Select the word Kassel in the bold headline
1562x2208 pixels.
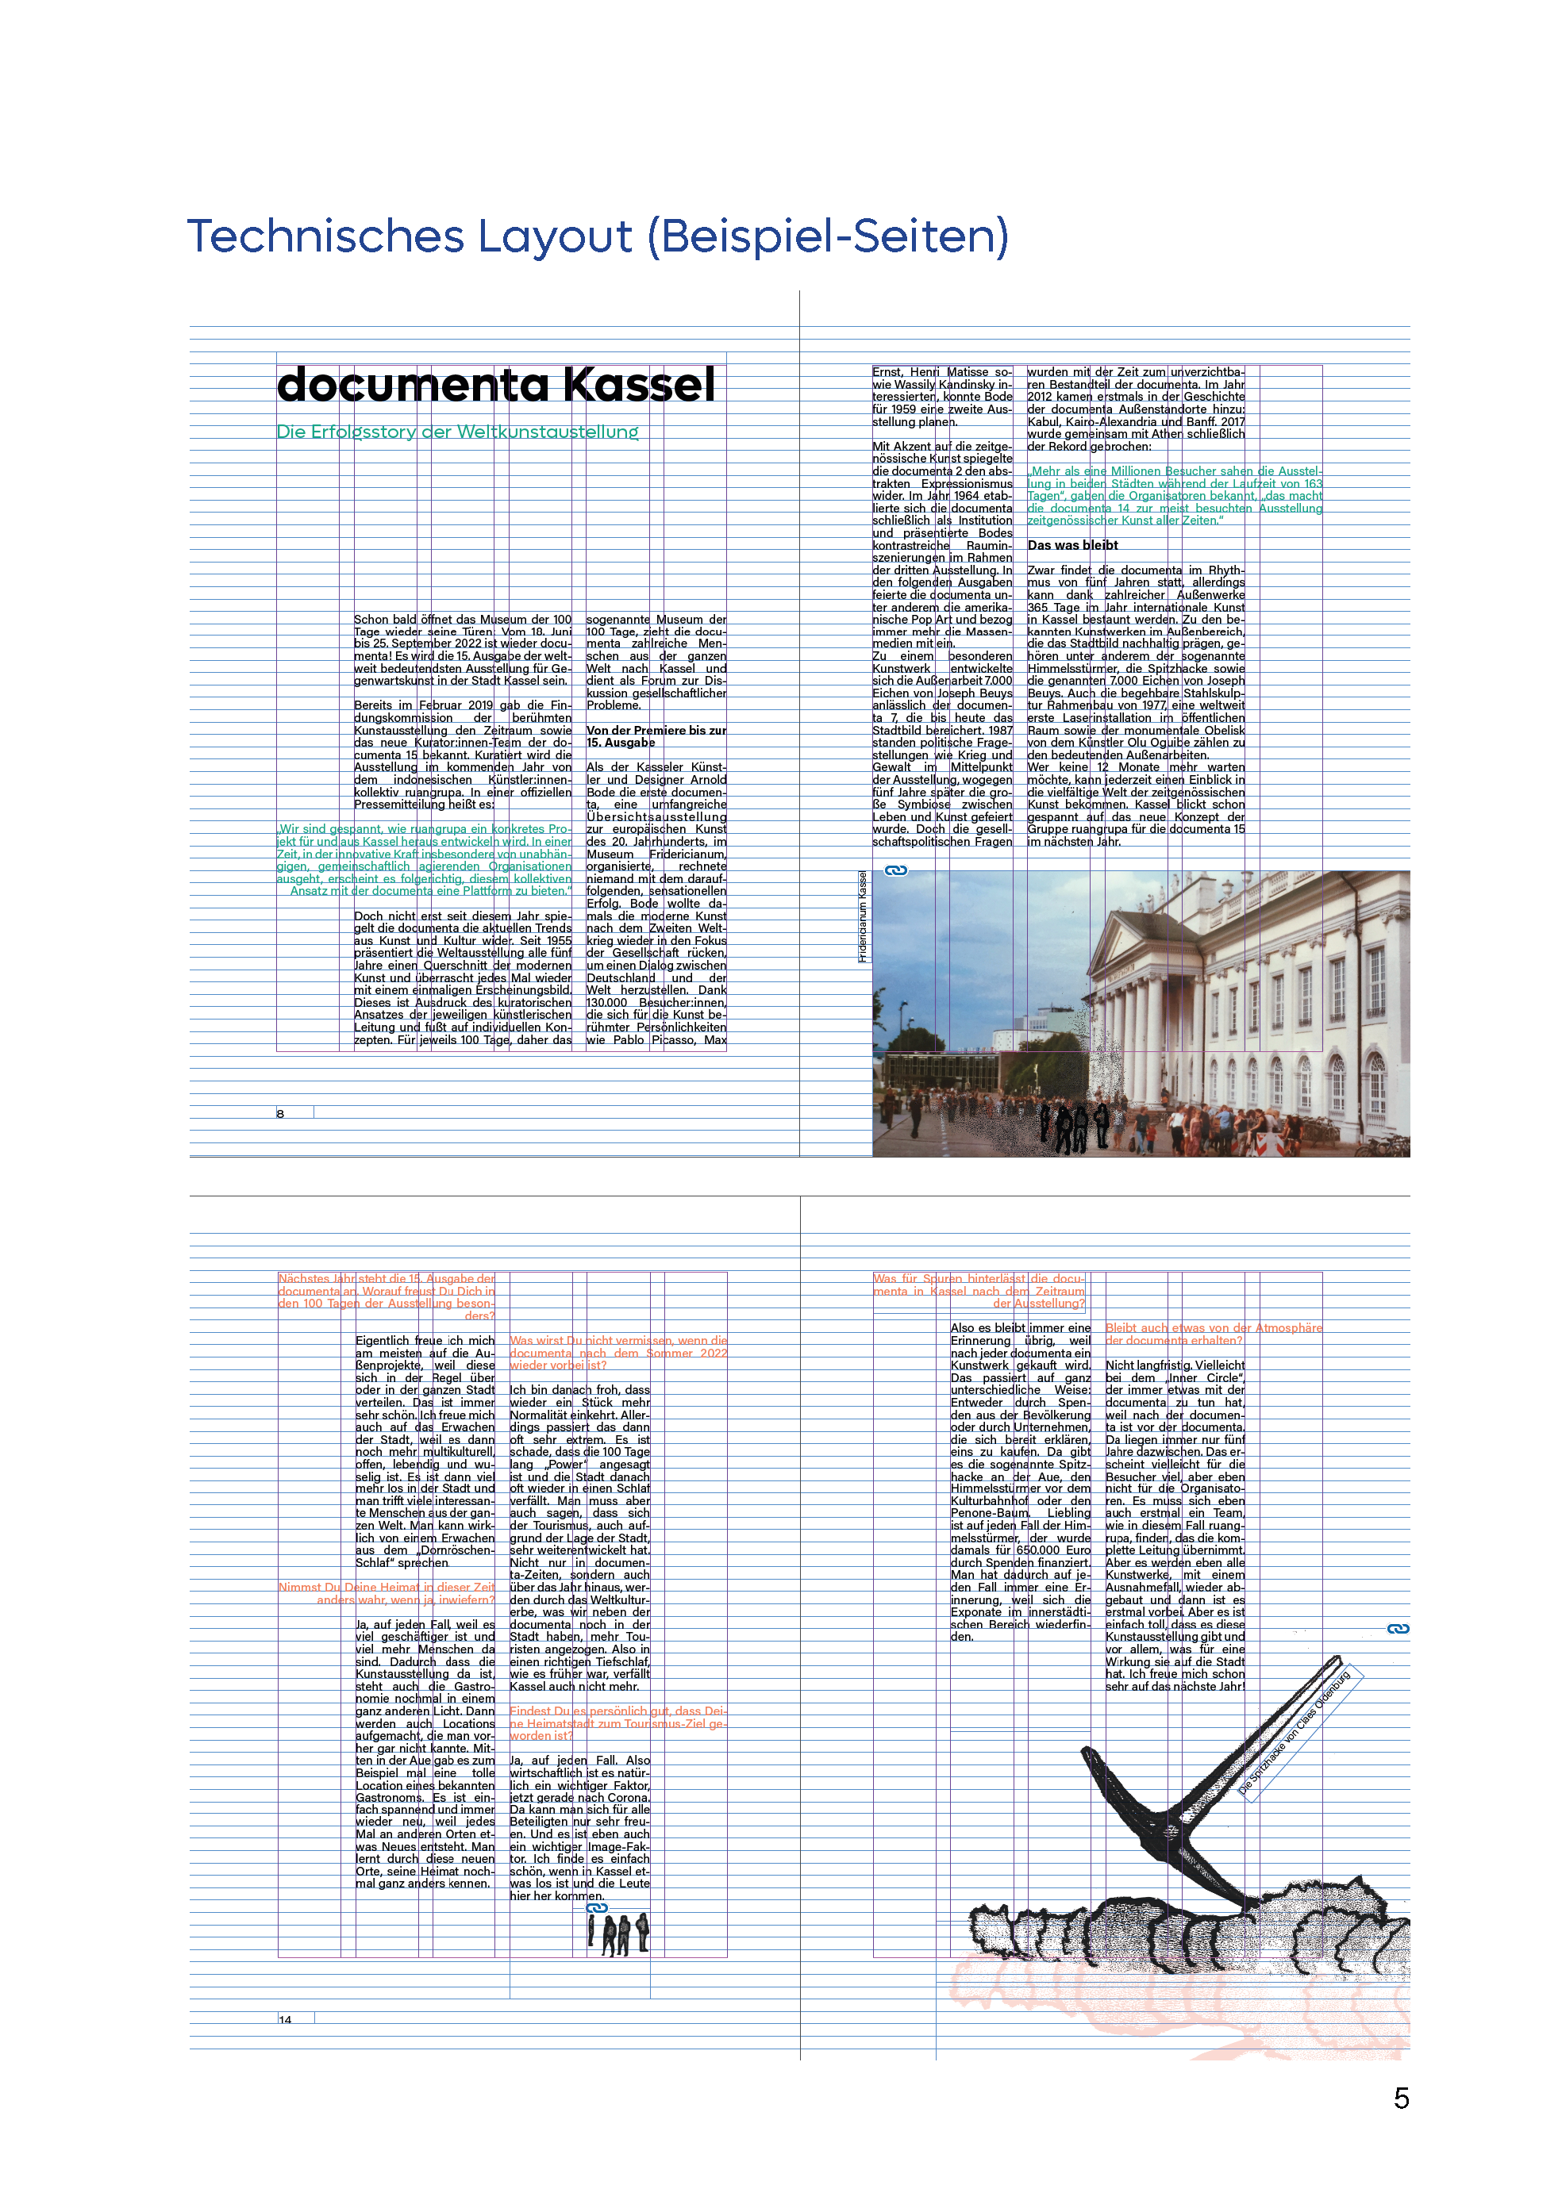pyautogui.click(x=639, y=385)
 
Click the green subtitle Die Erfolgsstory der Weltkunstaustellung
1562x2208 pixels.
pyautogui.click(x=458, y=432)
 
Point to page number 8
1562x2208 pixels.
pyautogui.click(x=281, y=1114)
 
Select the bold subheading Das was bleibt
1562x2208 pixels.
pyautogui.click(x=1072, y=545)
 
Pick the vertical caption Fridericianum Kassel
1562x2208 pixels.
pyautogui.click(x=863, y=916)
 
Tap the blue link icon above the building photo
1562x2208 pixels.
pyautogui.click(x=896, y=870)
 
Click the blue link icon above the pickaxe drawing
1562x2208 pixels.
pyautogui.click(x=1398, y=1628)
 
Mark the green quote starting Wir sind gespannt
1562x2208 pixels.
pyautogui.click(x=424, y=860)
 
